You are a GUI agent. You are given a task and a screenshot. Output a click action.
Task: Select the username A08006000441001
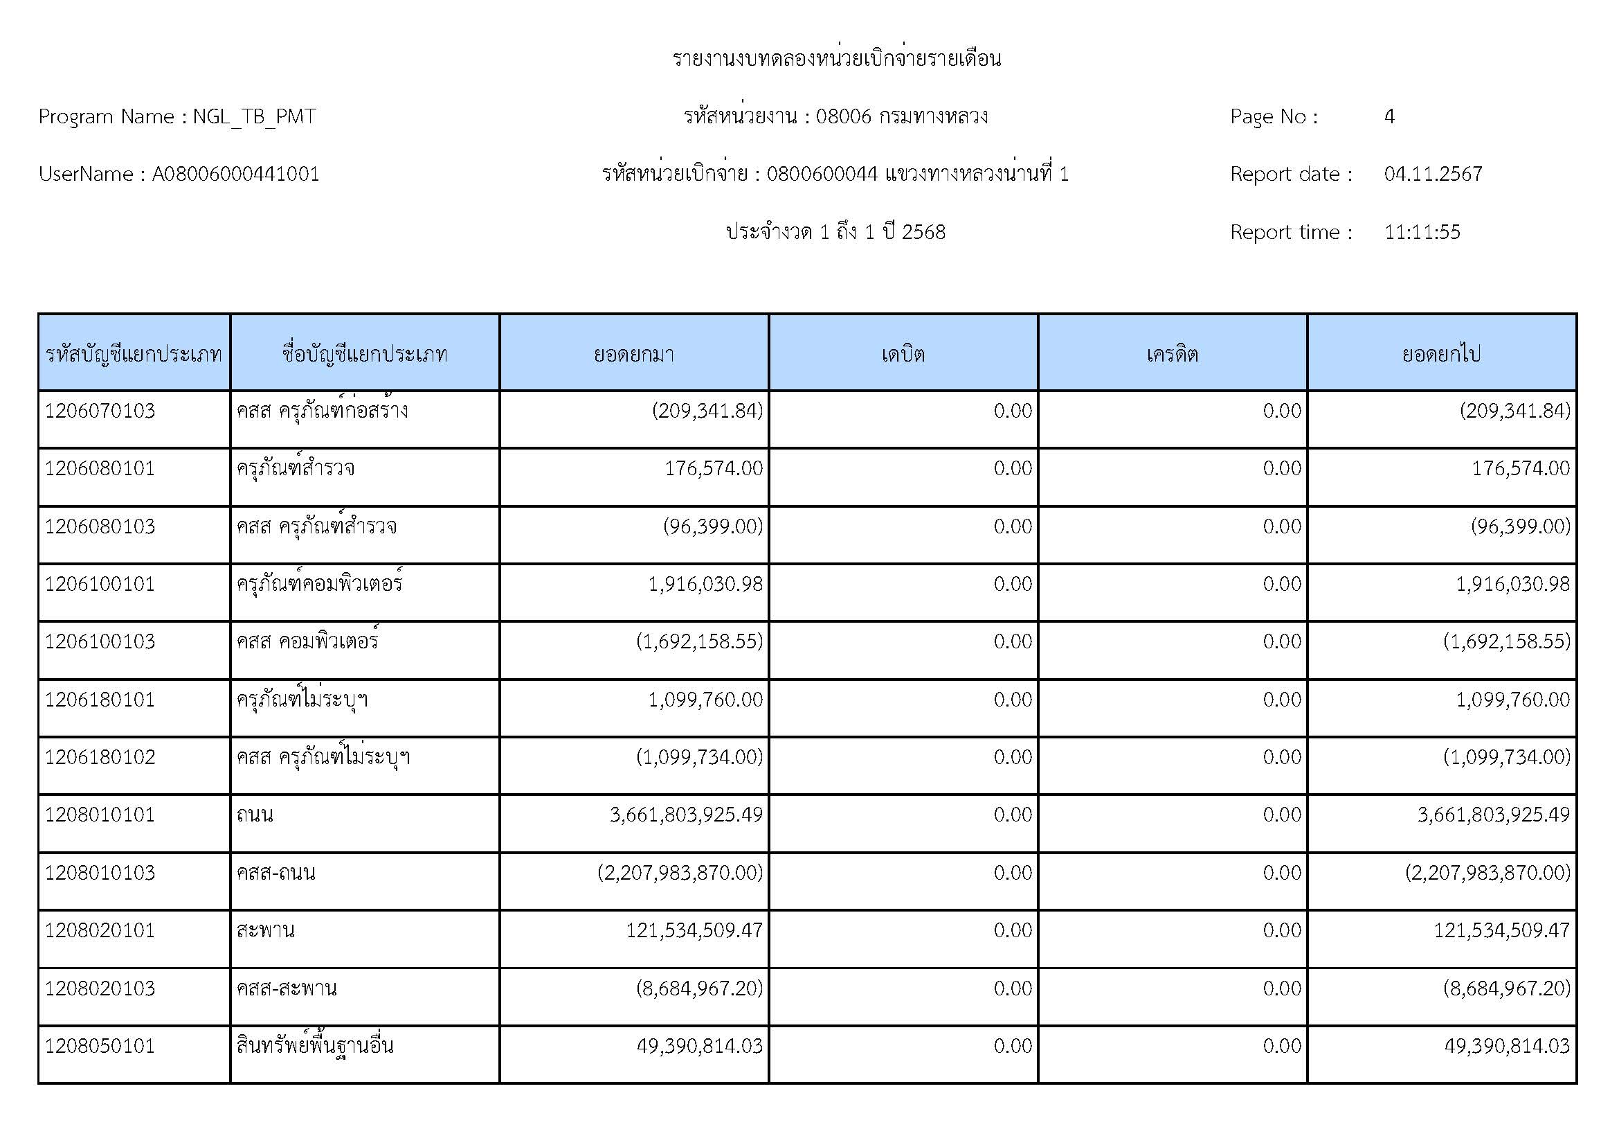pos(235,175)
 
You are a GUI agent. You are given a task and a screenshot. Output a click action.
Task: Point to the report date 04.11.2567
pos(1433,175)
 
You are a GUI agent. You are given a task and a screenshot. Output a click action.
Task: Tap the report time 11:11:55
pos(1422,232)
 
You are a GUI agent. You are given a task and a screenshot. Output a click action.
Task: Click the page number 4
pos(1389,116)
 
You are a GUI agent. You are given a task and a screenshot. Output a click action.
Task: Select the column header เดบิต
pos(903,353)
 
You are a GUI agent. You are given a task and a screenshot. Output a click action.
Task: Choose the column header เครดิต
pos(1172,353)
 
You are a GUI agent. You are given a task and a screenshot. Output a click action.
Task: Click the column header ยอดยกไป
pos(1441,353)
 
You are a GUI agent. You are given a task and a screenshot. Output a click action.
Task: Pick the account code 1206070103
pos(100,411)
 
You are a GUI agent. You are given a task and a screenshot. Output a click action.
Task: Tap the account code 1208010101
pos(100,815)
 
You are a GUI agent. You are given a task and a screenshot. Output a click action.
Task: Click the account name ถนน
pos(255,815)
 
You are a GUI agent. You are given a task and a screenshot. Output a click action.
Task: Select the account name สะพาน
pos(265,930)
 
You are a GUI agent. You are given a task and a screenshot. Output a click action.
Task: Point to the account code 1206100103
pos(100,641)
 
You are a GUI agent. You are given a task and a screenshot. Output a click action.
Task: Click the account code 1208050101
pos(100,1045)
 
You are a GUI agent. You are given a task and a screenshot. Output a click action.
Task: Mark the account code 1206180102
pos(100,757)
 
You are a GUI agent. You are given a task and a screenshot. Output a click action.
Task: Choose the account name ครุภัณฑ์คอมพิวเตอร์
pos(319,584)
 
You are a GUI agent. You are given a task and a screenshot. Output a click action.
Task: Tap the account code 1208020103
pos(100,988)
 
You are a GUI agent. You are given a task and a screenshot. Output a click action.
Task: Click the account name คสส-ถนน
pos(275,873)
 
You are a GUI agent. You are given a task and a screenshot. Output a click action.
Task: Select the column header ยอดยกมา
pos(633,353)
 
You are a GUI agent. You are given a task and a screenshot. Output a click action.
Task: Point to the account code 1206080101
pos(100,468)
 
